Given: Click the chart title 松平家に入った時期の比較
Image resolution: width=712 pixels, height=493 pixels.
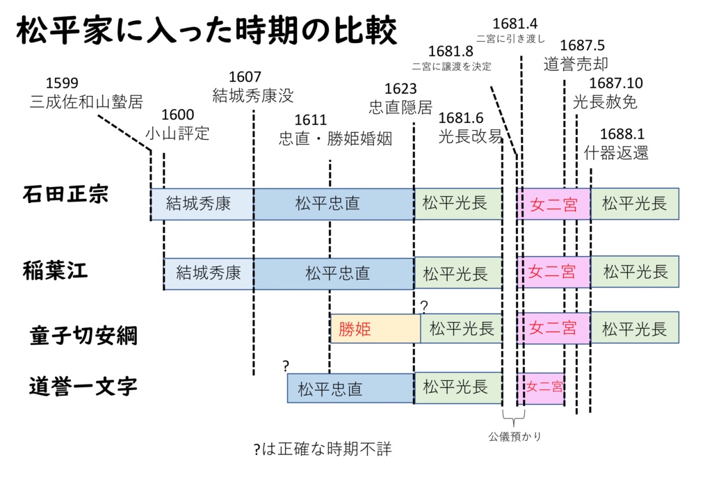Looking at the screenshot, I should click(x=207, y=31).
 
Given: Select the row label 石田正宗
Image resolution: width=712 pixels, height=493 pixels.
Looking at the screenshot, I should click(x=65, y=193).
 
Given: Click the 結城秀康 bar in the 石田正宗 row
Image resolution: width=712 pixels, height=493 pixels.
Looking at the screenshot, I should click(x=202, y=204).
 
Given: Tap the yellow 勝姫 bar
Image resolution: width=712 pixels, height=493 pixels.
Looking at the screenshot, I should click(x=375, y=328).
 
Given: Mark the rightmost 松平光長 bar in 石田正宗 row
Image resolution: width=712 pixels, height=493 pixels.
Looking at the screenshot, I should click(x=634, y=204).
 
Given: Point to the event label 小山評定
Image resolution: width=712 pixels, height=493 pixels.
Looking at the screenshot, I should click(x=177, y=134).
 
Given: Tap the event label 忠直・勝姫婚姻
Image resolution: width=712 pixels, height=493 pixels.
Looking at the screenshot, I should click(x=335, y=138).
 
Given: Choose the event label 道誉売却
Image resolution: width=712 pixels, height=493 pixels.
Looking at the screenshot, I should click(x=576, y=65).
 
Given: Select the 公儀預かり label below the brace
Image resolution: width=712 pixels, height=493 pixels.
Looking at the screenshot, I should click(x=515, y=437).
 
